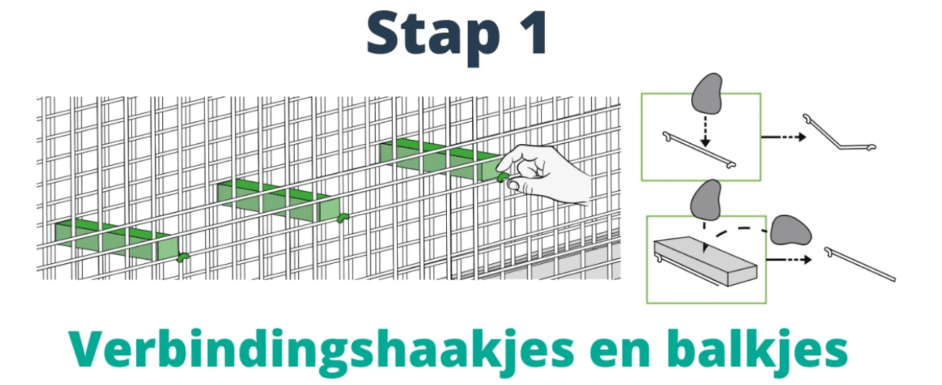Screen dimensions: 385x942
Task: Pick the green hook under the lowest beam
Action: click(x=182, y=256)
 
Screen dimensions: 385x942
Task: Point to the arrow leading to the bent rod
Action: click(x=778, y=136)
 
